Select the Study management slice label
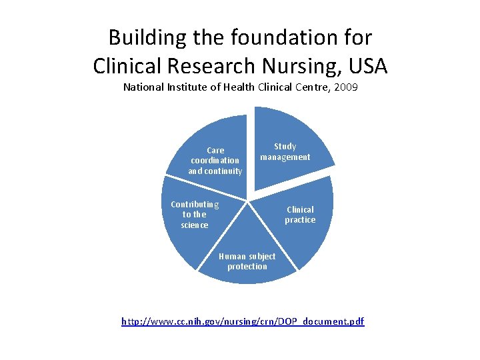[x=285, y=151]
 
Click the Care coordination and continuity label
[x=215, y=161]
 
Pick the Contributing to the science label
[x=195, y=214]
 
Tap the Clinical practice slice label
[x=300, y=215]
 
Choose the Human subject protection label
[x=247, y=261]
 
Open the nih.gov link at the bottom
[x=243, y=321]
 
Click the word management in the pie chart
[x=285, y=157]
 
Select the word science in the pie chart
[x=195, y=225]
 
